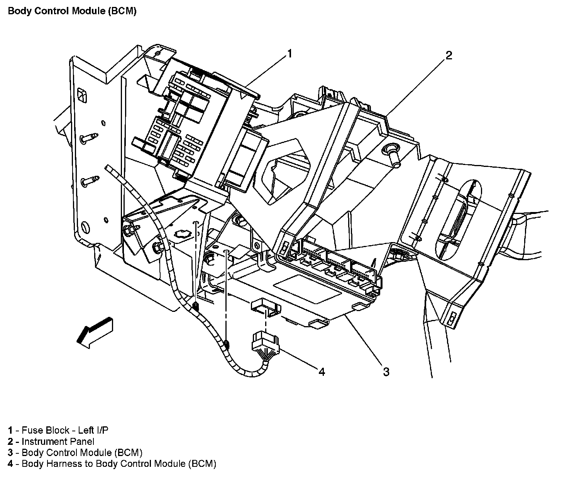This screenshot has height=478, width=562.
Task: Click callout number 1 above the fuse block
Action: pos(289,54)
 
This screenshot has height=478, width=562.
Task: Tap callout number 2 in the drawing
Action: pos(448,56)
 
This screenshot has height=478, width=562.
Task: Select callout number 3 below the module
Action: pos(386,372)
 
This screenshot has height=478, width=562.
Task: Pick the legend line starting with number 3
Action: pos(75,453)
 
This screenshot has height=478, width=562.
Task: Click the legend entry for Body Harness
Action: pos(112,464)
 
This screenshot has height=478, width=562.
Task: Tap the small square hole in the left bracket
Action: pos(82,95)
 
